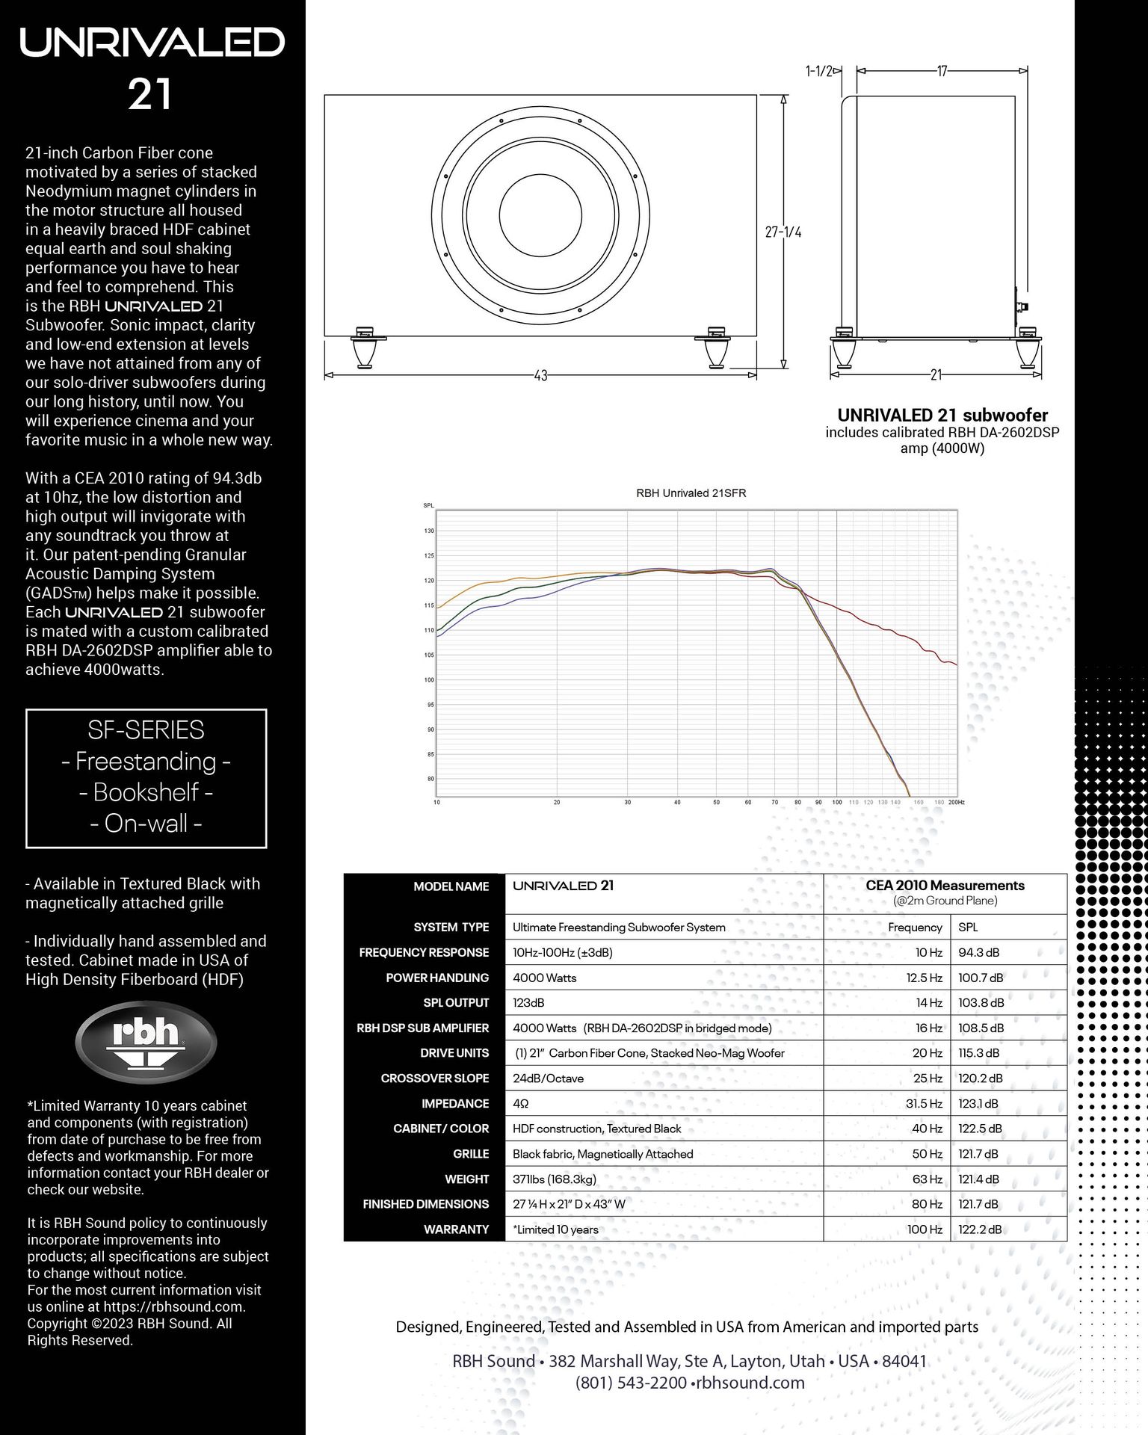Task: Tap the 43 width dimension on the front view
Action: (x=540, y=375)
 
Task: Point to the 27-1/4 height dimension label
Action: (x=783, y=232)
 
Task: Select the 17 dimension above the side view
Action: (x=942, y=71)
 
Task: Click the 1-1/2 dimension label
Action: (x=818, y=71)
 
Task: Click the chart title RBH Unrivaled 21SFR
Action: (x=691, y=493)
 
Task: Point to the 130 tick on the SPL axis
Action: (x=429, y=531)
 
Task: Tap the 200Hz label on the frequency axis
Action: (x=956, y=802)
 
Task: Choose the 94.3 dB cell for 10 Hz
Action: (x=978, y=952)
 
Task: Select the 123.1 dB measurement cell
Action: (x=978, y=1103)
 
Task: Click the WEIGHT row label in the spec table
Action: (x=466, y=1179)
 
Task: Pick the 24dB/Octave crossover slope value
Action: (x=548, y=1078)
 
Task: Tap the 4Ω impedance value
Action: (x=520, y=1103)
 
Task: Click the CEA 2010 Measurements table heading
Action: (x=945, y=886)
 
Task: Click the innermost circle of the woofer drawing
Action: (x=540, y=212)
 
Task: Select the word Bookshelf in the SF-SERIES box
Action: (x=146, y=792)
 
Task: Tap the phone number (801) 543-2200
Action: (x=631, y=1383)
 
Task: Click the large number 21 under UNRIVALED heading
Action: (x=150, y=95)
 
